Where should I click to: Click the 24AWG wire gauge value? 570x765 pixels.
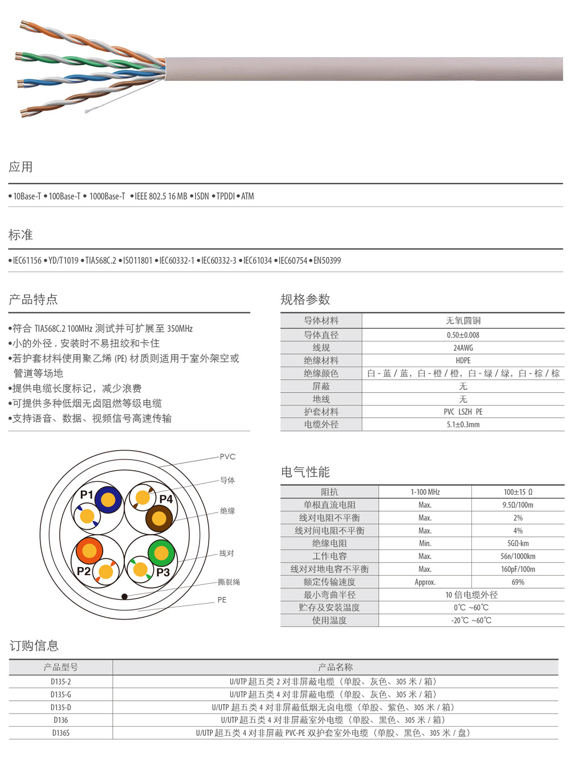[x=463, y=348]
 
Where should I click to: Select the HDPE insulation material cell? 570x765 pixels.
[x=463, y=360]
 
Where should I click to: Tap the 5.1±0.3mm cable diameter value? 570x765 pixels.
[x=463, y=425]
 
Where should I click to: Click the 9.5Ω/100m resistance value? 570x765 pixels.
[x=518, y=505]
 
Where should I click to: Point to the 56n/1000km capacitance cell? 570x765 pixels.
[x=518, y=556]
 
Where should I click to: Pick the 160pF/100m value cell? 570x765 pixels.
[x=518, y=569]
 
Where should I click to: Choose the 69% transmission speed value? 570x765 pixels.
[x=518, y=582]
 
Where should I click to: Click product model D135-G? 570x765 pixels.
[x=61, y=694]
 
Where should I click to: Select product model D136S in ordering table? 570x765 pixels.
[x=61, y=733]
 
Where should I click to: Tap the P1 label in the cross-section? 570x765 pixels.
[x=87, y=495]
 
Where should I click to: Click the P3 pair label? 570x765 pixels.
[x=163, y=572]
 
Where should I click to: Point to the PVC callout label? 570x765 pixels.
[x=227, y=457]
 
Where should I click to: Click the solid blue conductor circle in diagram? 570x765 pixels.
[x=108, y=500]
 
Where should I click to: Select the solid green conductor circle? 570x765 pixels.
[x=161, y=552]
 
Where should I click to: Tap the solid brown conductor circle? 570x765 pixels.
[x=159, y=519]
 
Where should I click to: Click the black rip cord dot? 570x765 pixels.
[x=124, y=596]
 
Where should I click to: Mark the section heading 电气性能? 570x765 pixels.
[x=305, y=472]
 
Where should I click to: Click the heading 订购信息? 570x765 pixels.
[x=34, y=646]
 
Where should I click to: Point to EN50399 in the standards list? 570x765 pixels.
[x=327, y=261]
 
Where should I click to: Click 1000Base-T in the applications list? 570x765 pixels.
[x=107, y=196]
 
